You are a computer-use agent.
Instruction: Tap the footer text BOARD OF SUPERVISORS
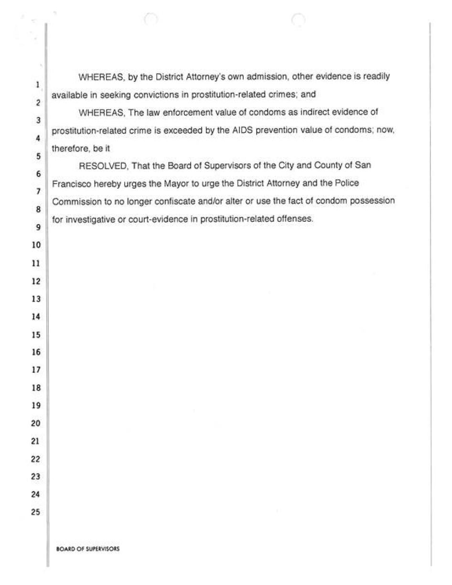tap(87, 550)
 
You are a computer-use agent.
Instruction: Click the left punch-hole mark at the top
tap(151, 19)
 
